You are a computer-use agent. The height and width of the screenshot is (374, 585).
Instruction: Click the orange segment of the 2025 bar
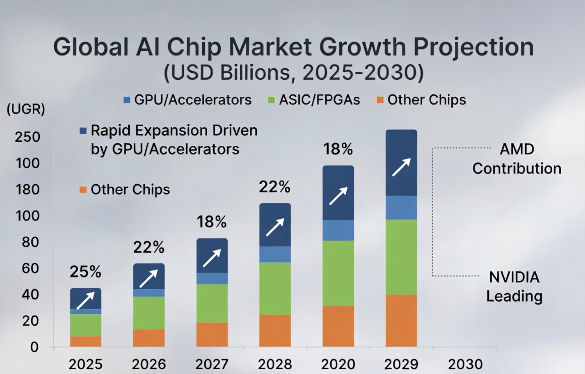click(x=86, y=341)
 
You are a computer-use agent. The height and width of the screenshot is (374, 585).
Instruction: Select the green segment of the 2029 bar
click(x=401, y=257)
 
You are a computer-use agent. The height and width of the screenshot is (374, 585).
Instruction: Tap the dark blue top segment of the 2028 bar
click(x=275, y=225)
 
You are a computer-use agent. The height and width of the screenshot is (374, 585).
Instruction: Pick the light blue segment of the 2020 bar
click(x=338, y=231)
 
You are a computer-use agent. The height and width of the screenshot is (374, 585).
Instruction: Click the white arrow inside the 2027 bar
click(x=212, y=258)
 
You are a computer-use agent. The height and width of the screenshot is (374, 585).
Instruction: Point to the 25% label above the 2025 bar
click(x=85, y=272)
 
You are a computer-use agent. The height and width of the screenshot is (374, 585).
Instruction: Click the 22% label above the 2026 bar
click(x=149, y=247)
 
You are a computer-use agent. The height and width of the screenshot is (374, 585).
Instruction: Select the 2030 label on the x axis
click(x=465, y=364)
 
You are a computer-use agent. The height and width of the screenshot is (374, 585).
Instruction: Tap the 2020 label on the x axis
click(x=338, y=364)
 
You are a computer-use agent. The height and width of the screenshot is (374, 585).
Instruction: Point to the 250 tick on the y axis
click(x=28, y=137)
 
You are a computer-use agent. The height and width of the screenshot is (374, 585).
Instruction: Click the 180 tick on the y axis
click(x=28, y=189)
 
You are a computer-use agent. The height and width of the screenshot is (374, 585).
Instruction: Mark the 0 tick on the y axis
click(x=34, y=347)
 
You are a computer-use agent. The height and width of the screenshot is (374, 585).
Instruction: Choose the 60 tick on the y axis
click(x=31, y=268)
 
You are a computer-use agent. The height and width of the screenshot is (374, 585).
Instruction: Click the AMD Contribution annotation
click(x=517, y=159)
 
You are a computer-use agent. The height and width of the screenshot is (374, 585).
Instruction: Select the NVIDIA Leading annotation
click(x=514, y=286)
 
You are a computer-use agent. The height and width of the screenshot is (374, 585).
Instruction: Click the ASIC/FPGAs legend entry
click(x=314, y=100)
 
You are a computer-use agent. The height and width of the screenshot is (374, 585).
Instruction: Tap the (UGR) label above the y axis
click(x=26, y=109)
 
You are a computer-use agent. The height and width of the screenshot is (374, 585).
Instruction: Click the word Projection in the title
click(x=474, y=48)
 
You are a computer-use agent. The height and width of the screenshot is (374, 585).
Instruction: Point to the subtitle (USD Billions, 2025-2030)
click(x=294, y=72)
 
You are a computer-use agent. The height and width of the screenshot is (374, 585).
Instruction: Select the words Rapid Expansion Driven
click(x=174, y=130)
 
